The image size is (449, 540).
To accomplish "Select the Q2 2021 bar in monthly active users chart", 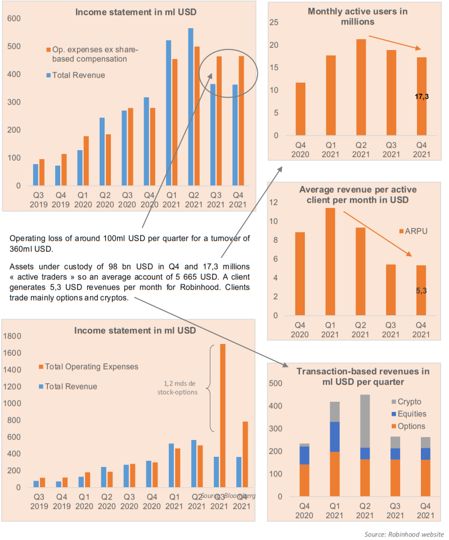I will (x=361, y=87).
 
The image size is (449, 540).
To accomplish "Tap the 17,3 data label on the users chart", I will (x=422, y=97).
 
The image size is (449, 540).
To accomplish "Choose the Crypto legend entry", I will (x=409, y=402).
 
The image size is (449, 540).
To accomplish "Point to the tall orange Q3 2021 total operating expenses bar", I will (x=223, y=416).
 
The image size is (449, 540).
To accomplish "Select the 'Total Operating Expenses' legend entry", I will (x=92, y=367).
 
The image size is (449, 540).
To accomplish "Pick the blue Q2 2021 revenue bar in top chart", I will (x=191, y=107).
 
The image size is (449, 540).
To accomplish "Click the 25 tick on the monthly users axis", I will (x=275, y=22).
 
